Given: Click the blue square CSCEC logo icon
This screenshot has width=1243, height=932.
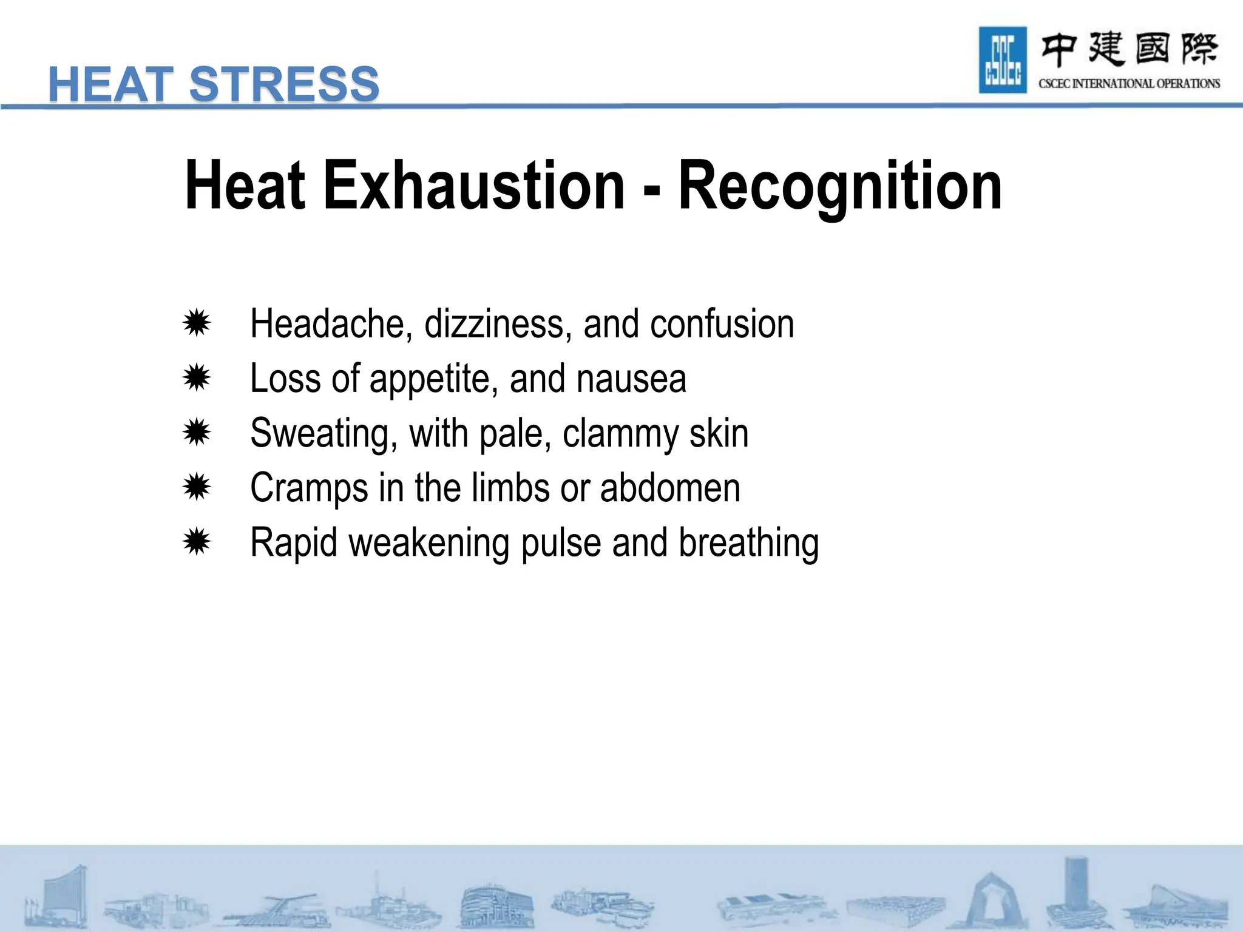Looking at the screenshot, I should click(1003, 60).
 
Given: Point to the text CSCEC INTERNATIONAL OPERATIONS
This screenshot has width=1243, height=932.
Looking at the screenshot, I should click(1129, 84).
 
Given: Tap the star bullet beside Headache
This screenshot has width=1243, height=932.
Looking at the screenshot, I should click(197, 323).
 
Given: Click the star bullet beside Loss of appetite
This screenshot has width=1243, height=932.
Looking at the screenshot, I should click(197, 378).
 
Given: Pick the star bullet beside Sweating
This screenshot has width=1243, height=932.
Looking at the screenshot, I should click(197, 433).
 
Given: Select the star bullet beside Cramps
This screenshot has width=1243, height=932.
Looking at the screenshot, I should click(197, 487).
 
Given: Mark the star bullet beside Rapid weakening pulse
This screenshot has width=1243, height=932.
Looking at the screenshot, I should click(197, 542).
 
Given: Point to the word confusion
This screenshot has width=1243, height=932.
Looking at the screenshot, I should click(722, 324).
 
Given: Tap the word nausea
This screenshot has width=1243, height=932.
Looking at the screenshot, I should click(631, 379).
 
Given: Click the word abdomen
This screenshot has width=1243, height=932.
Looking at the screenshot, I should click(670, 488).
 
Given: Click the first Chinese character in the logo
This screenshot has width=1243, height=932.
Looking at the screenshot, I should click(1059, 50).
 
